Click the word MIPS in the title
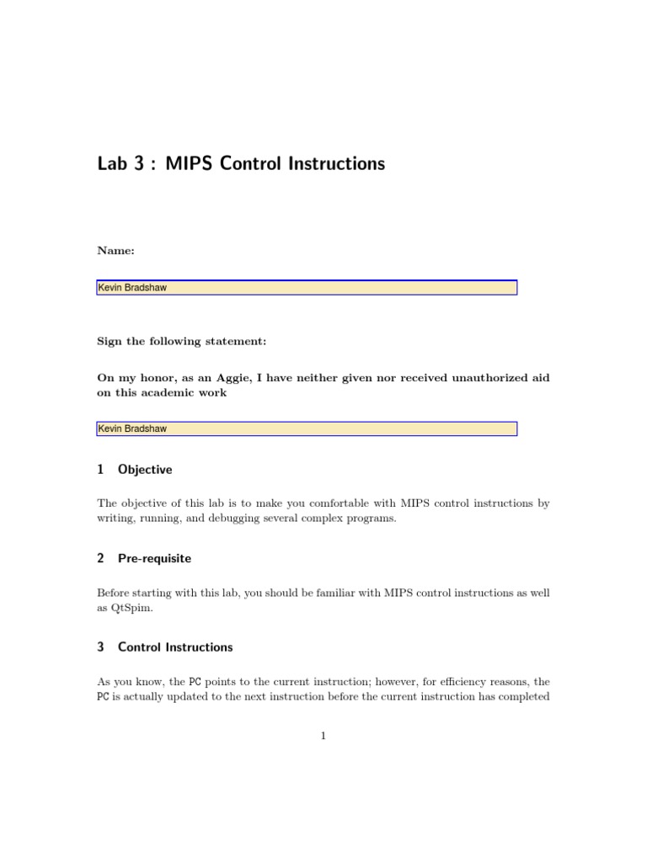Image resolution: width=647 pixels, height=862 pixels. tap(190, 163)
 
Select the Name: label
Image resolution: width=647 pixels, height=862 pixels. tap(115, 250)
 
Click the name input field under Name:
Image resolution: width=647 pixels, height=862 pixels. tap(307, 288)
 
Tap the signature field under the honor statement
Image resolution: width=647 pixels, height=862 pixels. tap(307, 429)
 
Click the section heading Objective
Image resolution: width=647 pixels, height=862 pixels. tap(145, 470)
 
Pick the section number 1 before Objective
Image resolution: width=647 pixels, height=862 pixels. tap(100, 470)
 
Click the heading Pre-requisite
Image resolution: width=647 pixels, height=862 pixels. tap(154, 558)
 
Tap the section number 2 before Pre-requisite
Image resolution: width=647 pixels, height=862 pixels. tap(100, 558)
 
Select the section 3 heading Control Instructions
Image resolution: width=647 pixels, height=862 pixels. tap(175, 647)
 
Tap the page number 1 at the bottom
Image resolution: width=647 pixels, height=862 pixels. tap(323, 737)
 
